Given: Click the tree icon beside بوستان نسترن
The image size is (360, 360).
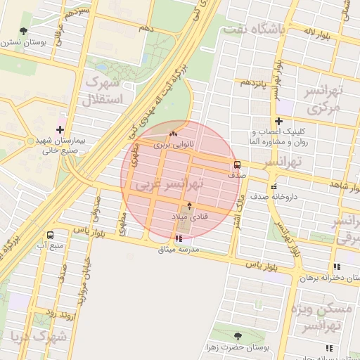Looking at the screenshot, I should (24, 31).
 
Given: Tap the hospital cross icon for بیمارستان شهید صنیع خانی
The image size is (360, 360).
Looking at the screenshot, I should (60, 129).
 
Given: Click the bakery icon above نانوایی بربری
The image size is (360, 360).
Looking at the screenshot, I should (174, 133).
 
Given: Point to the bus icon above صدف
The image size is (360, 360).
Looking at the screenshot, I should (236, 165).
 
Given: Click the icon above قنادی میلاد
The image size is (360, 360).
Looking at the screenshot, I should (188, 205).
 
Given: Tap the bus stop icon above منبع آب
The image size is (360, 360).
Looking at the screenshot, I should (50, 235).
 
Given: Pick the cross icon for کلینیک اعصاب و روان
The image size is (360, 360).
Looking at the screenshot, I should (279, 121).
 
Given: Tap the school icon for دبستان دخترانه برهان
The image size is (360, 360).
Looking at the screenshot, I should (336, 266).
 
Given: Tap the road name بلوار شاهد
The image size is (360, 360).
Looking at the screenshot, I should (340, 184).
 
